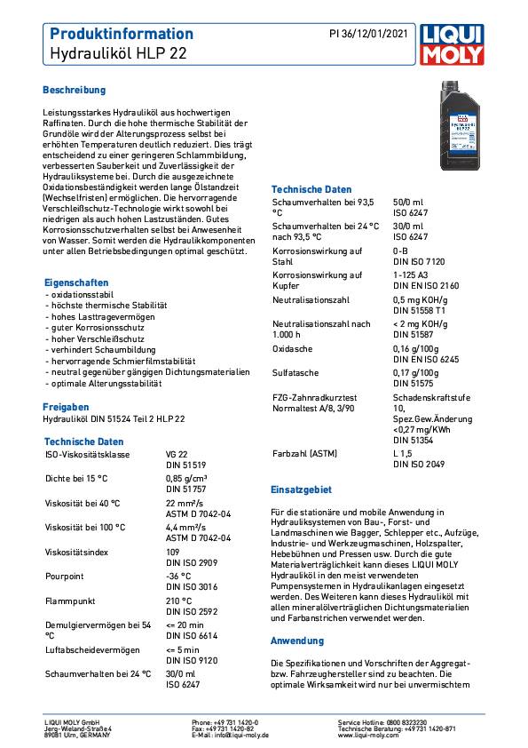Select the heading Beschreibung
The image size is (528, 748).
[75, 91]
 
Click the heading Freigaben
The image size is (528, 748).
[66, 406]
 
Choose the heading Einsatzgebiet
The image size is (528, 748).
[301, 489]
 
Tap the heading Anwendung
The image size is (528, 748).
[297, 640]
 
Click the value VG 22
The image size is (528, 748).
[177, 454]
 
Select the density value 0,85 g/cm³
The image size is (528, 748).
[189, 479]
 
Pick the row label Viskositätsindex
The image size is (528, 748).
[78, 552]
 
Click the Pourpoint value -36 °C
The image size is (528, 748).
[178, 576]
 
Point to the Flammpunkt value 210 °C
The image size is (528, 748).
[179, 601]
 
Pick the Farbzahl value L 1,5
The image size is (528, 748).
[405, 454]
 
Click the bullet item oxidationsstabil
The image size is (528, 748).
[79, 293]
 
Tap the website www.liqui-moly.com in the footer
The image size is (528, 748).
[367, 736]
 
